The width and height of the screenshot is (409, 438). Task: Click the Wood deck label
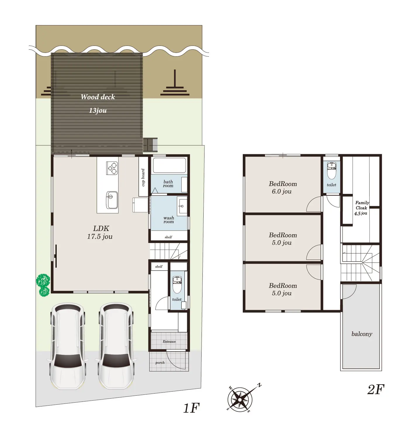pyautogui.click(x=98, y=97)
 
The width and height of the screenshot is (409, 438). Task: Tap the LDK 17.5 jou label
pyautogui.click(x=100, y=232)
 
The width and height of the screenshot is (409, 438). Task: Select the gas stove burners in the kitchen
pyautogui.click(x=112, y=168)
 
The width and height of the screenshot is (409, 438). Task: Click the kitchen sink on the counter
pyautogui.click(x=112, y=200)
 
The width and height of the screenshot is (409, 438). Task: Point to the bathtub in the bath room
pyautogui.click(x=169, y=165)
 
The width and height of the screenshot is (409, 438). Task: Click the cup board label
pyautogui.click(x=143, y=178)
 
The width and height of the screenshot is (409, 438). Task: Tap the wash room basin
pyautogui.click(x=182, y=207)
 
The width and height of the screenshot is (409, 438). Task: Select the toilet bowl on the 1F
pyautogui.click(x=177, y=285)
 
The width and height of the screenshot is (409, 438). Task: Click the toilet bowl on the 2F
pyautogui.click(x=332, y=171)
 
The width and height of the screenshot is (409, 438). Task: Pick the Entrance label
pyautogui.click(x=169, y=342)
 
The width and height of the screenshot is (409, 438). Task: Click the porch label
pyautogui.click(x=160, y=363)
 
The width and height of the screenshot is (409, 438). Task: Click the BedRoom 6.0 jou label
pyautogui.click(x=283, y=187)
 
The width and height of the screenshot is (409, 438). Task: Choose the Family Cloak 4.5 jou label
pyautogui.click(x=362, y=208)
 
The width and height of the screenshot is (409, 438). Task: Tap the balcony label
pyautogui.click(x=362, y=334)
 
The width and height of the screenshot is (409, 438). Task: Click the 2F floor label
pyautogui.click(x=376, y=390)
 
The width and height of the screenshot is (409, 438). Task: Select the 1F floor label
pyautogui.click(x=191, y=408)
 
